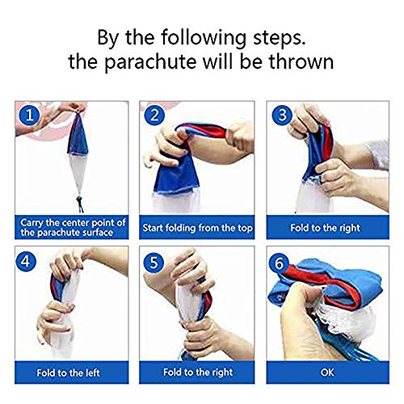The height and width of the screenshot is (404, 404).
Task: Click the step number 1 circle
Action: [29, 115]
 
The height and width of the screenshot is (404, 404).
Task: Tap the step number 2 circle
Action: [154, 115]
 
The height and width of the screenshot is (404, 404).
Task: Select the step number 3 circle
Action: [282, 115]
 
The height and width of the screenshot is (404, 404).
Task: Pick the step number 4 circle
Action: [26, 261]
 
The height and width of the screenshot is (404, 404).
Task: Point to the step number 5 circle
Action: [154, 262]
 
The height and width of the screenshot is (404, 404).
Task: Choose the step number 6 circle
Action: [279, 263]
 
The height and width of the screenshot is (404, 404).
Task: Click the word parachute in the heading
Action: [150, 62]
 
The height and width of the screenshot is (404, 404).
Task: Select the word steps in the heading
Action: [279, 38]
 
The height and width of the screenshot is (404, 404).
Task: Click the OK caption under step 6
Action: [327, 372]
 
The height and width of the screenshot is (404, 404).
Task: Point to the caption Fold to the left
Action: [68, 373]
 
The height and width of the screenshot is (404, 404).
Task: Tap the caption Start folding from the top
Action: [197, 228]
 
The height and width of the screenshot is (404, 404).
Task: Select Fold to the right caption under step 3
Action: [325, 228]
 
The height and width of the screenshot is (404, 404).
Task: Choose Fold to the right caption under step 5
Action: [198, 372]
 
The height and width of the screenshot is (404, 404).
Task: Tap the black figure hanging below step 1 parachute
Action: [80, 204]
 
